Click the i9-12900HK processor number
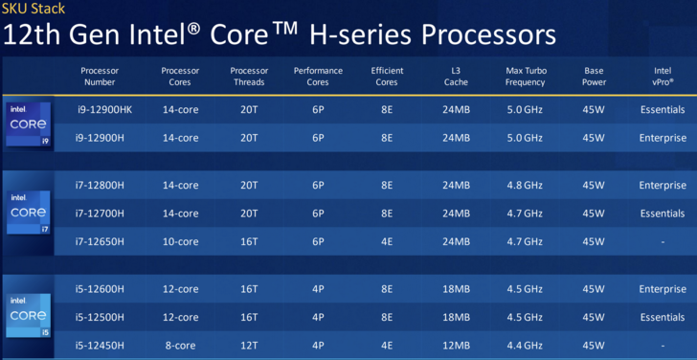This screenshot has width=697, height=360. [x=104, y=110]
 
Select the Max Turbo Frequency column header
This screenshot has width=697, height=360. [x=526, y=77]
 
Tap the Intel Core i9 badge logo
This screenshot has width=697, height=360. [x=29, y=124]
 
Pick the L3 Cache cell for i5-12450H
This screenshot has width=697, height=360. [x=456, y=346]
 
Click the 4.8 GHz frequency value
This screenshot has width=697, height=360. [x=525, y=186]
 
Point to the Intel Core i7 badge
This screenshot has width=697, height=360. [x=29, y=212]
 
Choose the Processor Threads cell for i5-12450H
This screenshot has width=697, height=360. [x=249, y=346]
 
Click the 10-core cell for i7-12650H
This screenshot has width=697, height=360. [x=180, y=242]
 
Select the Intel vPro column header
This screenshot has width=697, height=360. [x=663, y=77]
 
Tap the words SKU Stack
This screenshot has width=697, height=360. [x=34, y=8]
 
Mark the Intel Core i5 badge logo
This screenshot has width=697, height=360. [x=29, y=315]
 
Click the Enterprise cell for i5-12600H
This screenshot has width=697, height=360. [x=663, y=289]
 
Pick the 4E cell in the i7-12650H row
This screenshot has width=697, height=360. [x=386, y=242]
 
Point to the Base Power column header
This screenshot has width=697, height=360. [x=594, y=77]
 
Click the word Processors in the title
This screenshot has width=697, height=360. [x=488, y=35]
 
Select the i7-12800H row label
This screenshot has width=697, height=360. [x=100, y=186]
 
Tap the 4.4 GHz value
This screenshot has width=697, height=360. [x=525, y=346]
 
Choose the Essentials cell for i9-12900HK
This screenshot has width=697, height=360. [x=663, y=110]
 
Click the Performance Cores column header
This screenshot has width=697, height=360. [x=318, y=77]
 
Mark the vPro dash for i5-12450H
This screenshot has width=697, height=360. [x=663, y=346]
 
